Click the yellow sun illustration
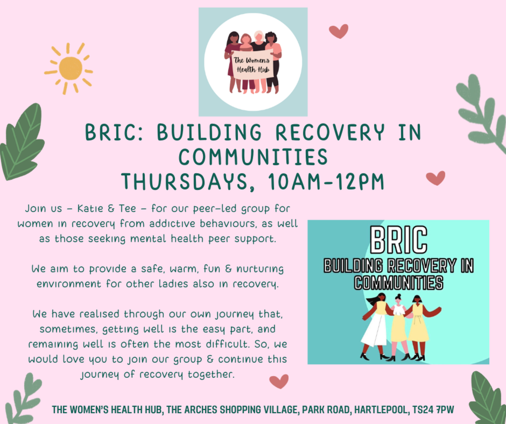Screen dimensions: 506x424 [x=69, y=68]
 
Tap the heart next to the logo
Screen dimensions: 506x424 [x=339, y=31]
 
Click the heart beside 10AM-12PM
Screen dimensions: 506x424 [x=436, y=178]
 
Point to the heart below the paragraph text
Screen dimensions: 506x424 [x=279, y=382]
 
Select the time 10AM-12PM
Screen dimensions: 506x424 [x=326, y=182]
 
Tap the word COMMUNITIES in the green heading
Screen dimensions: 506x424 [x=253, y=157]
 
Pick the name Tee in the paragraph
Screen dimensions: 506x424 [x=128, y=209]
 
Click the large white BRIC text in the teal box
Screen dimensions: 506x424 [x=399, y=240]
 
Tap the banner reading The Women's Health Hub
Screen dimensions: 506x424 [x=252, y=65]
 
